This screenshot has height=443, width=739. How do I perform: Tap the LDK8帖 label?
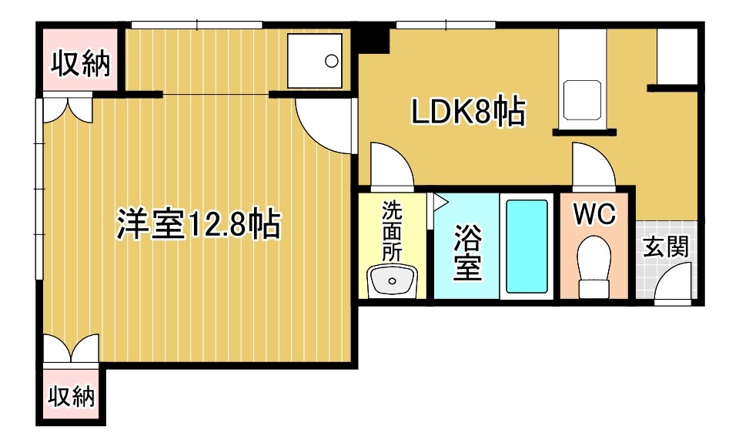(x=469, y=112)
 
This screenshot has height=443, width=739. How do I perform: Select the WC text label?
(x=595, y=213)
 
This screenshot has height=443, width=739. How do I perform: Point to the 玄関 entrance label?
(x=666, y=247)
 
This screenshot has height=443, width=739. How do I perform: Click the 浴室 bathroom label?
(x=467, y=252)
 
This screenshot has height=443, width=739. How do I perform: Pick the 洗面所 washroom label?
(x=392, y=231)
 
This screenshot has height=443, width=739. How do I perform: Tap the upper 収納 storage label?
(x=81, y=64)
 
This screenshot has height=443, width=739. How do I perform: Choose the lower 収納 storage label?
(x=72, y=395)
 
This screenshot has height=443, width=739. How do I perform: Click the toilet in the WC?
(x=594, y=265)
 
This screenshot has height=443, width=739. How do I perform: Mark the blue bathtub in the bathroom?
(x=527, y=247)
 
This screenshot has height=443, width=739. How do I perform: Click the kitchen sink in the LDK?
(x=582, y=99)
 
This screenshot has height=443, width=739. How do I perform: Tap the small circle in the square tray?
(x=332, y=61)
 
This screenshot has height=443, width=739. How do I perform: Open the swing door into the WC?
(x=594, y=165)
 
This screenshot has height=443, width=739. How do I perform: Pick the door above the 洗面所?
(x=392, y=165)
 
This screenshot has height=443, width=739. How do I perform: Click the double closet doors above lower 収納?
(x=71, y=350)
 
